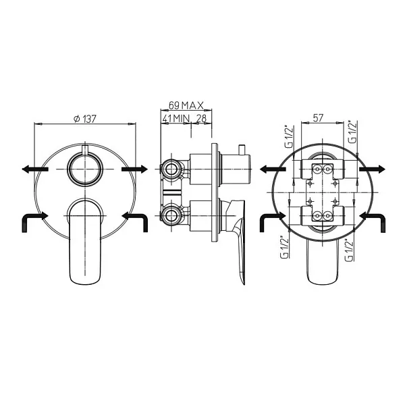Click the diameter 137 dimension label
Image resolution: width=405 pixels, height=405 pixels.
(85, 119)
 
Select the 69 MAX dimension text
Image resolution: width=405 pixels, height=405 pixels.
(186, 105)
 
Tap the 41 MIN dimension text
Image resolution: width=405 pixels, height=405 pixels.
(175, 118)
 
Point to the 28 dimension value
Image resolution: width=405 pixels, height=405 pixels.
(201, 118)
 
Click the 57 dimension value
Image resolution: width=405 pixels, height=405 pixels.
(318, 117)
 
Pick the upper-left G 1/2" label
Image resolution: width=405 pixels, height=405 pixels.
(289, 136)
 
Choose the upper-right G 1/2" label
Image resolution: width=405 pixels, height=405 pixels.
(353, 132)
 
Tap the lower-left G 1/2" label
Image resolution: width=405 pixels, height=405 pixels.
(285, 246)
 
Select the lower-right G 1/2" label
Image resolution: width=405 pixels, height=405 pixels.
(349, 250)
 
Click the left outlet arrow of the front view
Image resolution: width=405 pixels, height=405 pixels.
(35, 169)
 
